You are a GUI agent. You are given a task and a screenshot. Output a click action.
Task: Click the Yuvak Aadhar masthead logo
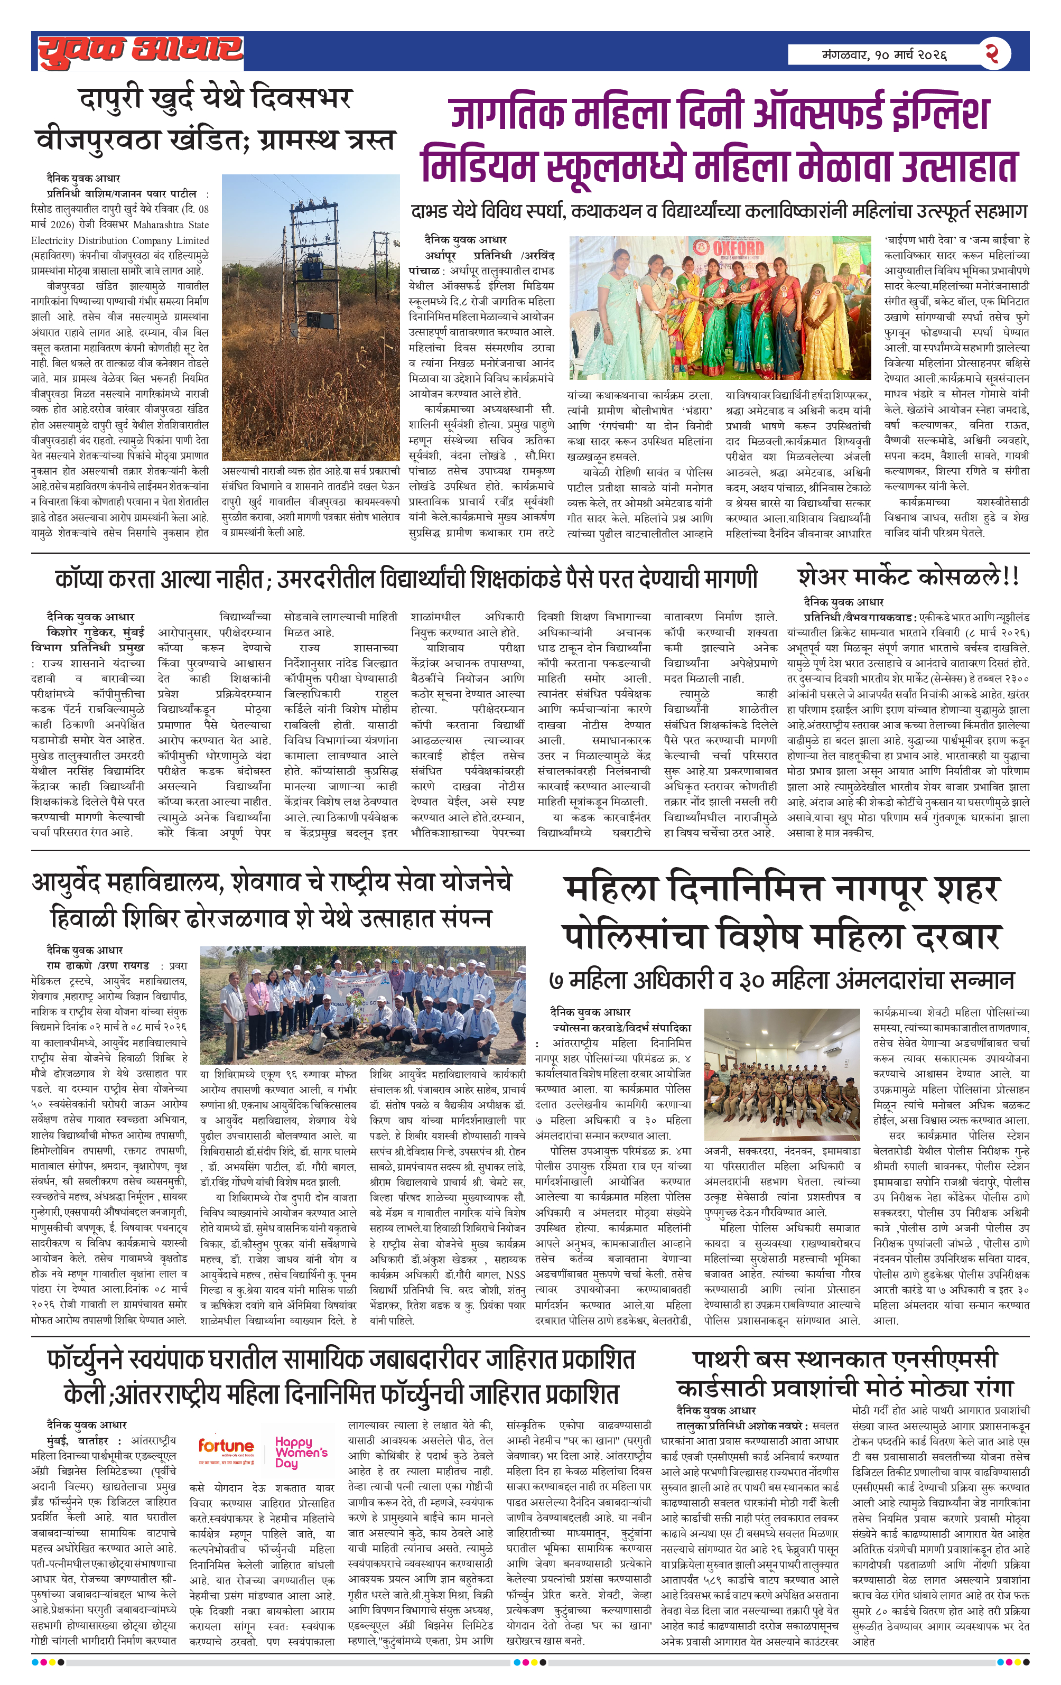tap(140, 51)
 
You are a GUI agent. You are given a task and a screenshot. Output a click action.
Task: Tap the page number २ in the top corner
tap(992, 53)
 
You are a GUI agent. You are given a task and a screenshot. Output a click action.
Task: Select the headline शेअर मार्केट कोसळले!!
tap(908, 578)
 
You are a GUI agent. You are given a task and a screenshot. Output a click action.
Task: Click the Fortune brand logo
tap(226, 1446)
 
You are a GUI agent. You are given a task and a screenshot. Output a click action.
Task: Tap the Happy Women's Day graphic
tap(301, 1451)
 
